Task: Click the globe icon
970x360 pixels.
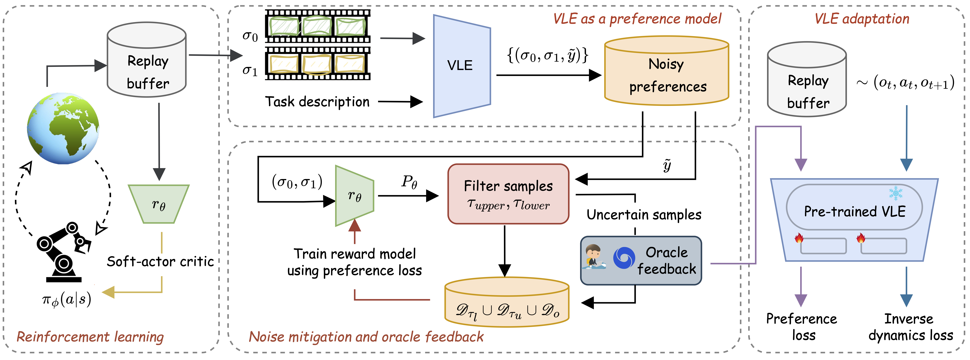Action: click(63, 128)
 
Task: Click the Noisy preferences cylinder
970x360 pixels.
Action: click(667, 72)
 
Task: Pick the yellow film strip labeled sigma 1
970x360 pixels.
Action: click(317, 63)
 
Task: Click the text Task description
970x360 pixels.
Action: click(317, 102)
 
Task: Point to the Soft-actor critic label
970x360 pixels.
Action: click(160, 261)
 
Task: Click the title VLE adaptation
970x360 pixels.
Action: click(862, 19)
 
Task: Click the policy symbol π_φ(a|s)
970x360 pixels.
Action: click(67, 300)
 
